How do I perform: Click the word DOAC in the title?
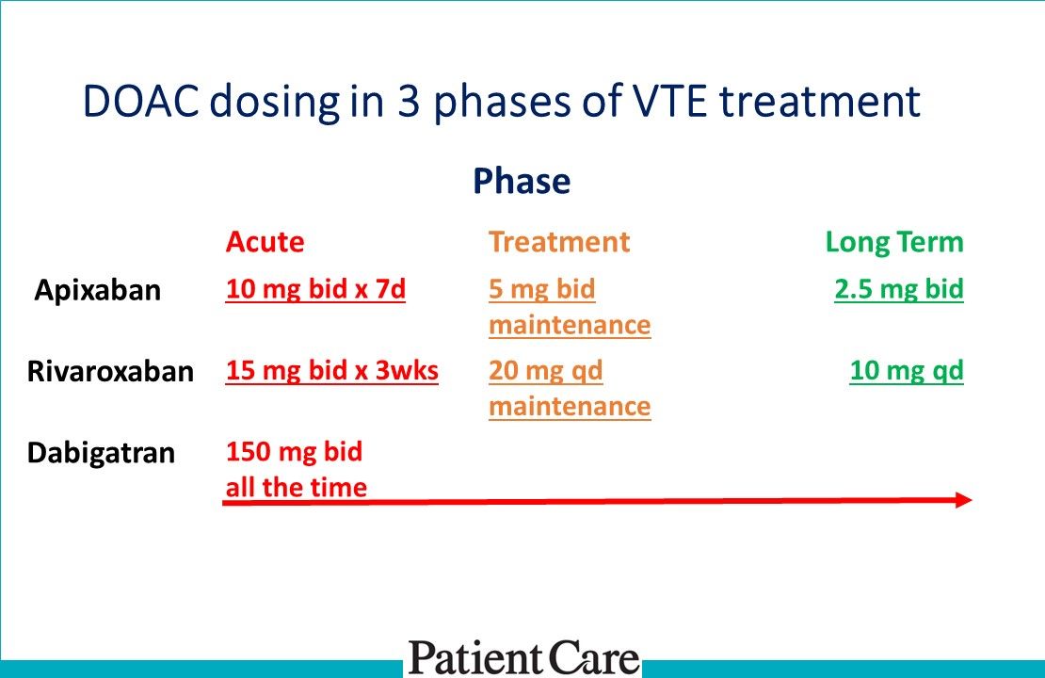click(140, 102)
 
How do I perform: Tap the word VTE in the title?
click(668, 102)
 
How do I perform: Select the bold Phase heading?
click(522, 182)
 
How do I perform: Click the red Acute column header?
click(265, 241)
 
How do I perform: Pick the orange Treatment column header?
click(559, 241)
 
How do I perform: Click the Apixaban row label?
click(98, 290)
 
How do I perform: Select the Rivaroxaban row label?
click(111, 371)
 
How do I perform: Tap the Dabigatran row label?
click(102, 453)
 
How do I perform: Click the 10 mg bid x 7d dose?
click(315, 289)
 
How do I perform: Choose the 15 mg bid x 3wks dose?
click(332, 371)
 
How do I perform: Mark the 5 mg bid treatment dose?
click(542, 289)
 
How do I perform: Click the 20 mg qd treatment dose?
click(545, 371)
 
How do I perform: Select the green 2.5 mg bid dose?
click(899, 289)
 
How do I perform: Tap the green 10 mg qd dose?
click(907, 371)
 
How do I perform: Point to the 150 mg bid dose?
click(294, 452)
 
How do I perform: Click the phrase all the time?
click(297, 488)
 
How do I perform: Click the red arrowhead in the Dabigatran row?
click(964, 500)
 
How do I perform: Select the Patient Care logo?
click(523, 658)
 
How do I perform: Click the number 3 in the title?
click(408, 102)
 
